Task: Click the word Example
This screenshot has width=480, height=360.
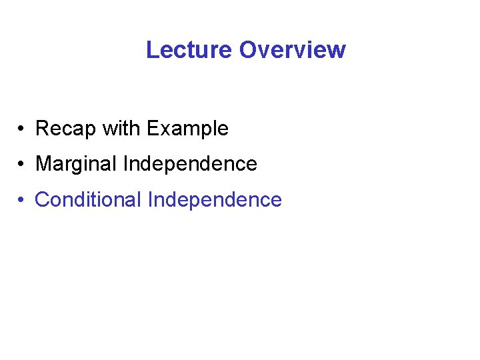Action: [187, 128]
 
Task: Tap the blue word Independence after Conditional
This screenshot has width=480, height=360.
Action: [215, 199]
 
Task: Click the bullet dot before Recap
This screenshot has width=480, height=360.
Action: [22, 129]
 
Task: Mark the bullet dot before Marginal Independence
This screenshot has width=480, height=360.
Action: [22, 164]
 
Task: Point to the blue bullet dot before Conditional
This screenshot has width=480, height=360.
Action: [22, 200]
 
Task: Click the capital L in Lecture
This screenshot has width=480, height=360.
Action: [151, 50]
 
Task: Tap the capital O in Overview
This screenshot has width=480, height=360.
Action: [247, 50]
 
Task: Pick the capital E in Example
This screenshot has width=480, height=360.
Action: [152, 128]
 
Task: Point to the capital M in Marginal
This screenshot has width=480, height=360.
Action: [43, 163]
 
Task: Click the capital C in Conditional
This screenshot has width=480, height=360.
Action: [42, 199]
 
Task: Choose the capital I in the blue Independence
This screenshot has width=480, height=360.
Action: [150, 199]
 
